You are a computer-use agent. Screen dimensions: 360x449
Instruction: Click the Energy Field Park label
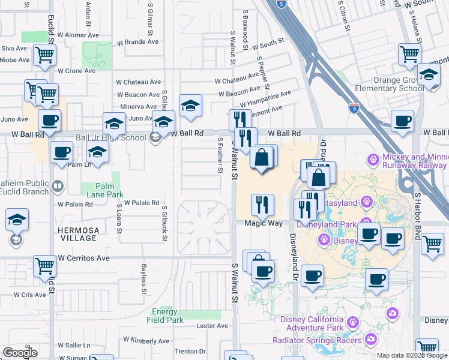164,316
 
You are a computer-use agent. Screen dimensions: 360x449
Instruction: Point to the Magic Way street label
263,223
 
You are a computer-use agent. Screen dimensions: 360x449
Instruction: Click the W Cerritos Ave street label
84,258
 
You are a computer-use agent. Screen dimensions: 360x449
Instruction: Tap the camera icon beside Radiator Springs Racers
371,340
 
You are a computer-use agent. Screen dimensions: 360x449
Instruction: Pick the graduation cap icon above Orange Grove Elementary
429,74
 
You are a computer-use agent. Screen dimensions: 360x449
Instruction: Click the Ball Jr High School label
111,137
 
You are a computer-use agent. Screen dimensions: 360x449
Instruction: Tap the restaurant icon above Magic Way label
262,204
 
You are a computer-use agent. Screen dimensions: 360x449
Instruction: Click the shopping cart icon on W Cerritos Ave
45,266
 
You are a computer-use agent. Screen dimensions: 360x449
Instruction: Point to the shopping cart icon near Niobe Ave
44,55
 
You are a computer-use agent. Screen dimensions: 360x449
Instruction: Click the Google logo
20,353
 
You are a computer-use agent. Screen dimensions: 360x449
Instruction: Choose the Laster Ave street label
213,326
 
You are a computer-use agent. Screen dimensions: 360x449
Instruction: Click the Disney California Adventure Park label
312,323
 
